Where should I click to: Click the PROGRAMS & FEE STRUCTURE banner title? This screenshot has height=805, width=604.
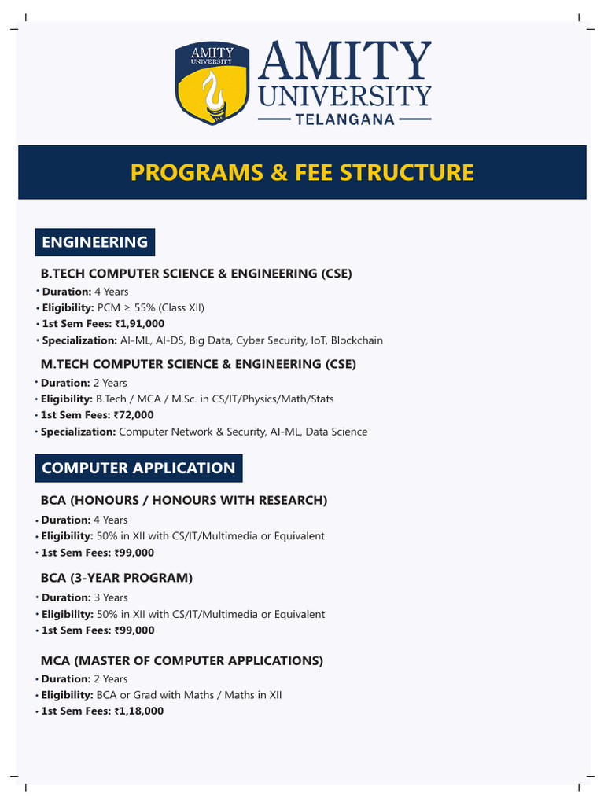(x=302, y=172)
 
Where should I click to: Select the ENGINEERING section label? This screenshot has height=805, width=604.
(x=94, y=242)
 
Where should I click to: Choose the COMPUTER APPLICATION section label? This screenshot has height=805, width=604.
(x=138, y=468)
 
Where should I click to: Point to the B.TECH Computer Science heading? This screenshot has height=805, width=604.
(x=197, y=274)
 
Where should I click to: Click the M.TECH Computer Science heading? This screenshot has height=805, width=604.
(x=198, y=364)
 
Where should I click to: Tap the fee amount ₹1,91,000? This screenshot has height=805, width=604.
(x=139, y=324)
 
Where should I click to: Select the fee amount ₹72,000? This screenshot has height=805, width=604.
(x=134, y=415)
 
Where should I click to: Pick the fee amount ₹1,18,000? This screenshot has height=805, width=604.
(x=139, y=711)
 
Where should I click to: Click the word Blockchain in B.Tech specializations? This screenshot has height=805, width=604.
(x=357, y=340)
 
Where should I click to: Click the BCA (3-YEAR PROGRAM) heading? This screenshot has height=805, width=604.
(x=116, y=578)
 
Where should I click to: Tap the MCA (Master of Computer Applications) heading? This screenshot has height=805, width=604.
(x=182, y=660)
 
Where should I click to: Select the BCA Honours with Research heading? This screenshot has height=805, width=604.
(x=184, y=500)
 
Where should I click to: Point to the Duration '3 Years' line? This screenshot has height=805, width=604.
(x=85, y=597)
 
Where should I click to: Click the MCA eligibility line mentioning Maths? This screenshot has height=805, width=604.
(x=161, y=695)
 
